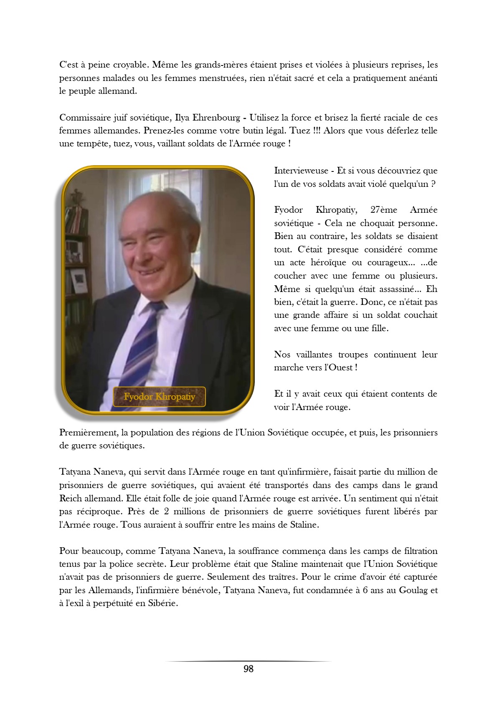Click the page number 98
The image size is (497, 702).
point(248,669)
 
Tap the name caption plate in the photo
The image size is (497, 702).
point(159,396)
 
